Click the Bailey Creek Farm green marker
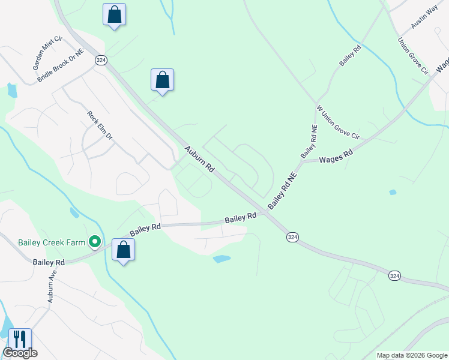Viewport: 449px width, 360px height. (x=94, y=242)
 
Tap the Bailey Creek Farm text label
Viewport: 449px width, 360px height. (x=52, y=242)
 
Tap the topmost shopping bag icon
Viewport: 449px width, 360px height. (x=114, y=15)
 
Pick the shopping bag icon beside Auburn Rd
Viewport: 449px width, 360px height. (x=162, y=80)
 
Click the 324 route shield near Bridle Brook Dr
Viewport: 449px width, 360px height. (x=101, y=60)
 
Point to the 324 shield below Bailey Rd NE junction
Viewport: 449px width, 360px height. (x=292, y=238)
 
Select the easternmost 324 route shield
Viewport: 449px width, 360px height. (x=394, y=275)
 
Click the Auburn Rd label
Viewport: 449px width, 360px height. (x=199, y=160)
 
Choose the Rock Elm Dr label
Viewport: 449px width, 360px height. (x=100, y=125)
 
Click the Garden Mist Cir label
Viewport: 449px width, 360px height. (x=48, y=52)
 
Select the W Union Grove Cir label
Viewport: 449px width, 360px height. (x=337, y=123)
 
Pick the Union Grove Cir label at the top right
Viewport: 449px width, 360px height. (x=412, y=56)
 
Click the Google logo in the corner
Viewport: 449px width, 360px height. (x=20, y=353)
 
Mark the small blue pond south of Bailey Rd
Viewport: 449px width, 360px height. (x=221, y=259)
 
